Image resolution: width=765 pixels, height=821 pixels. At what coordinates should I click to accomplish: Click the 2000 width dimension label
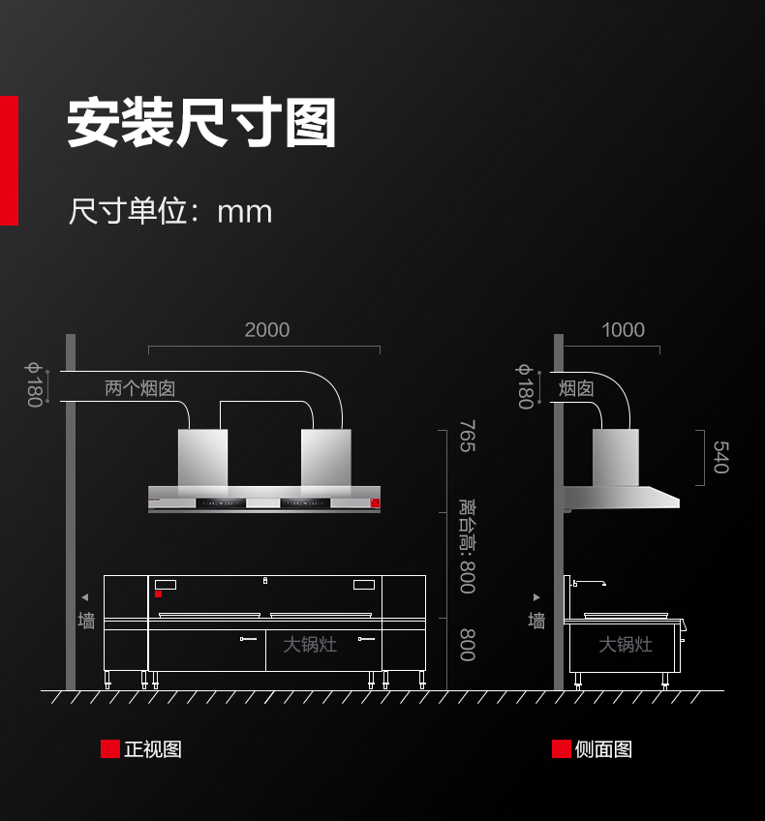pos(267,330)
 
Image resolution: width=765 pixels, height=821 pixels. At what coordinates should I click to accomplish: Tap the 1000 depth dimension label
pos(623,330)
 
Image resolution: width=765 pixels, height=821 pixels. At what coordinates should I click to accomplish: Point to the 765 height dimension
pos(468,436)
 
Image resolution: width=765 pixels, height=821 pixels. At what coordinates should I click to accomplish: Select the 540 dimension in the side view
pos(721,457)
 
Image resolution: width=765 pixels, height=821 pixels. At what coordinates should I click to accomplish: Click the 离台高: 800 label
pos(468,546)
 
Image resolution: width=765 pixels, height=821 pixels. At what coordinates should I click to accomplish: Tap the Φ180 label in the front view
pos(34,385)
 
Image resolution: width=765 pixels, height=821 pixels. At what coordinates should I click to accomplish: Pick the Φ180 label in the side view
pos(525,386)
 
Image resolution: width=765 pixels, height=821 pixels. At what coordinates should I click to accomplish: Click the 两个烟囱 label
pos(139,388)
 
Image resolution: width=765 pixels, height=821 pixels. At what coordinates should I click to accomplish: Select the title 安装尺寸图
pos(201,123)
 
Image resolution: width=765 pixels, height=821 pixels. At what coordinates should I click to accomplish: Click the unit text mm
pos(245,212)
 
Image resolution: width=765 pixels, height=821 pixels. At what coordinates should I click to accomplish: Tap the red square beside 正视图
pos(110,748)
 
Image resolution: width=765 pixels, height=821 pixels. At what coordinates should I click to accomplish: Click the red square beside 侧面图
pos(562,748)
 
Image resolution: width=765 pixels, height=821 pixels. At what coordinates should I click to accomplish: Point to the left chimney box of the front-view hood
pos(202,458)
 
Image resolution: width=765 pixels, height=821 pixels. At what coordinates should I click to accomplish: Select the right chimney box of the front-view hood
pos(325,458)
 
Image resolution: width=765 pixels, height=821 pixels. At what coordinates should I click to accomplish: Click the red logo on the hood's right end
pos(375,502)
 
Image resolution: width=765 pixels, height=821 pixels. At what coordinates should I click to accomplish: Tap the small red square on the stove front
pos(158,593)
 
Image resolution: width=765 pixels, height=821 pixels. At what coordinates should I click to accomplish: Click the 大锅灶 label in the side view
pos(626,645)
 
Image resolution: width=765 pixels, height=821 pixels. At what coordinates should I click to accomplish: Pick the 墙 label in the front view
pos(86,621)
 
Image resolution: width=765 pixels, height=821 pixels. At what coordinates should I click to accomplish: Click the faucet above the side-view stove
pos(589,582)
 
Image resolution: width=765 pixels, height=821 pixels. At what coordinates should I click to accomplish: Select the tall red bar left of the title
pos(9,161)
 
